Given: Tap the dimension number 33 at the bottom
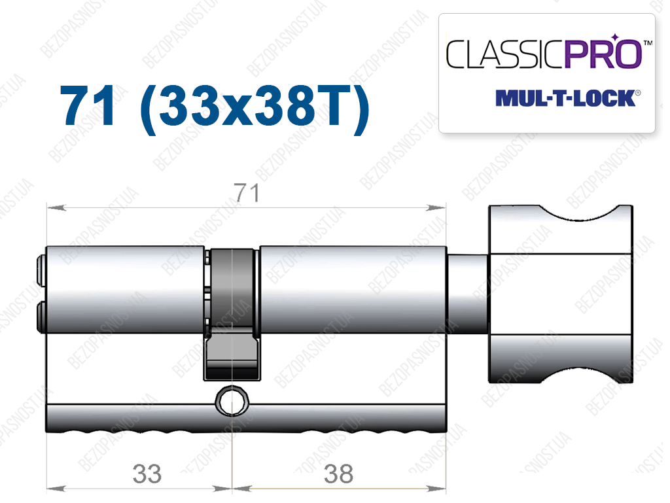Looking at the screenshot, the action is (x=147, y=474).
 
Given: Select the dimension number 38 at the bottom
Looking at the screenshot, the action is (x=339, y=474).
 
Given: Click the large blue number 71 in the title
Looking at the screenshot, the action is (x=88, y=105).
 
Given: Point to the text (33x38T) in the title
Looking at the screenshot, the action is (x=255, y=108).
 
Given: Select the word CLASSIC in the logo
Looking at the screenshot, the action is (x=506, y=54).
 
